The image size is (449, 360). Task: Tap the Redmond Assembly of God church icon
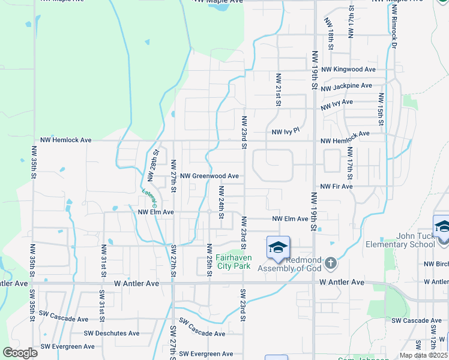point(330,262)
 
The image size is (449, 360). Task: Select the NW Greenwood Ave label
point(209,176)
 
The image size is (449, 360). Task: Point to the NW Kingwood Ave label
point(348,70)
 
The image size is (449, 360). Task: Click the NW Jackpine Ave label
point(346,88)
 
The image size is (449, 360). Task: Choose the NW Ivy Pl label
point(285,131)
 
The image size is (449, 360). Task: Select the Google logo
point(19,353)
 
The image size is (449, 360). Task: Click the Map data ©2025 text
point(423,355)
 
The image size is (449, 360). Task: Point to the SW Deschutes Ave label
point(112,333)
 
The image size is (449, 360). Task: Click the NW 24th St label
point(221,202)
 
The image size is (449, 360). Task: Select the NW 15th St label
point(381,105)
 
